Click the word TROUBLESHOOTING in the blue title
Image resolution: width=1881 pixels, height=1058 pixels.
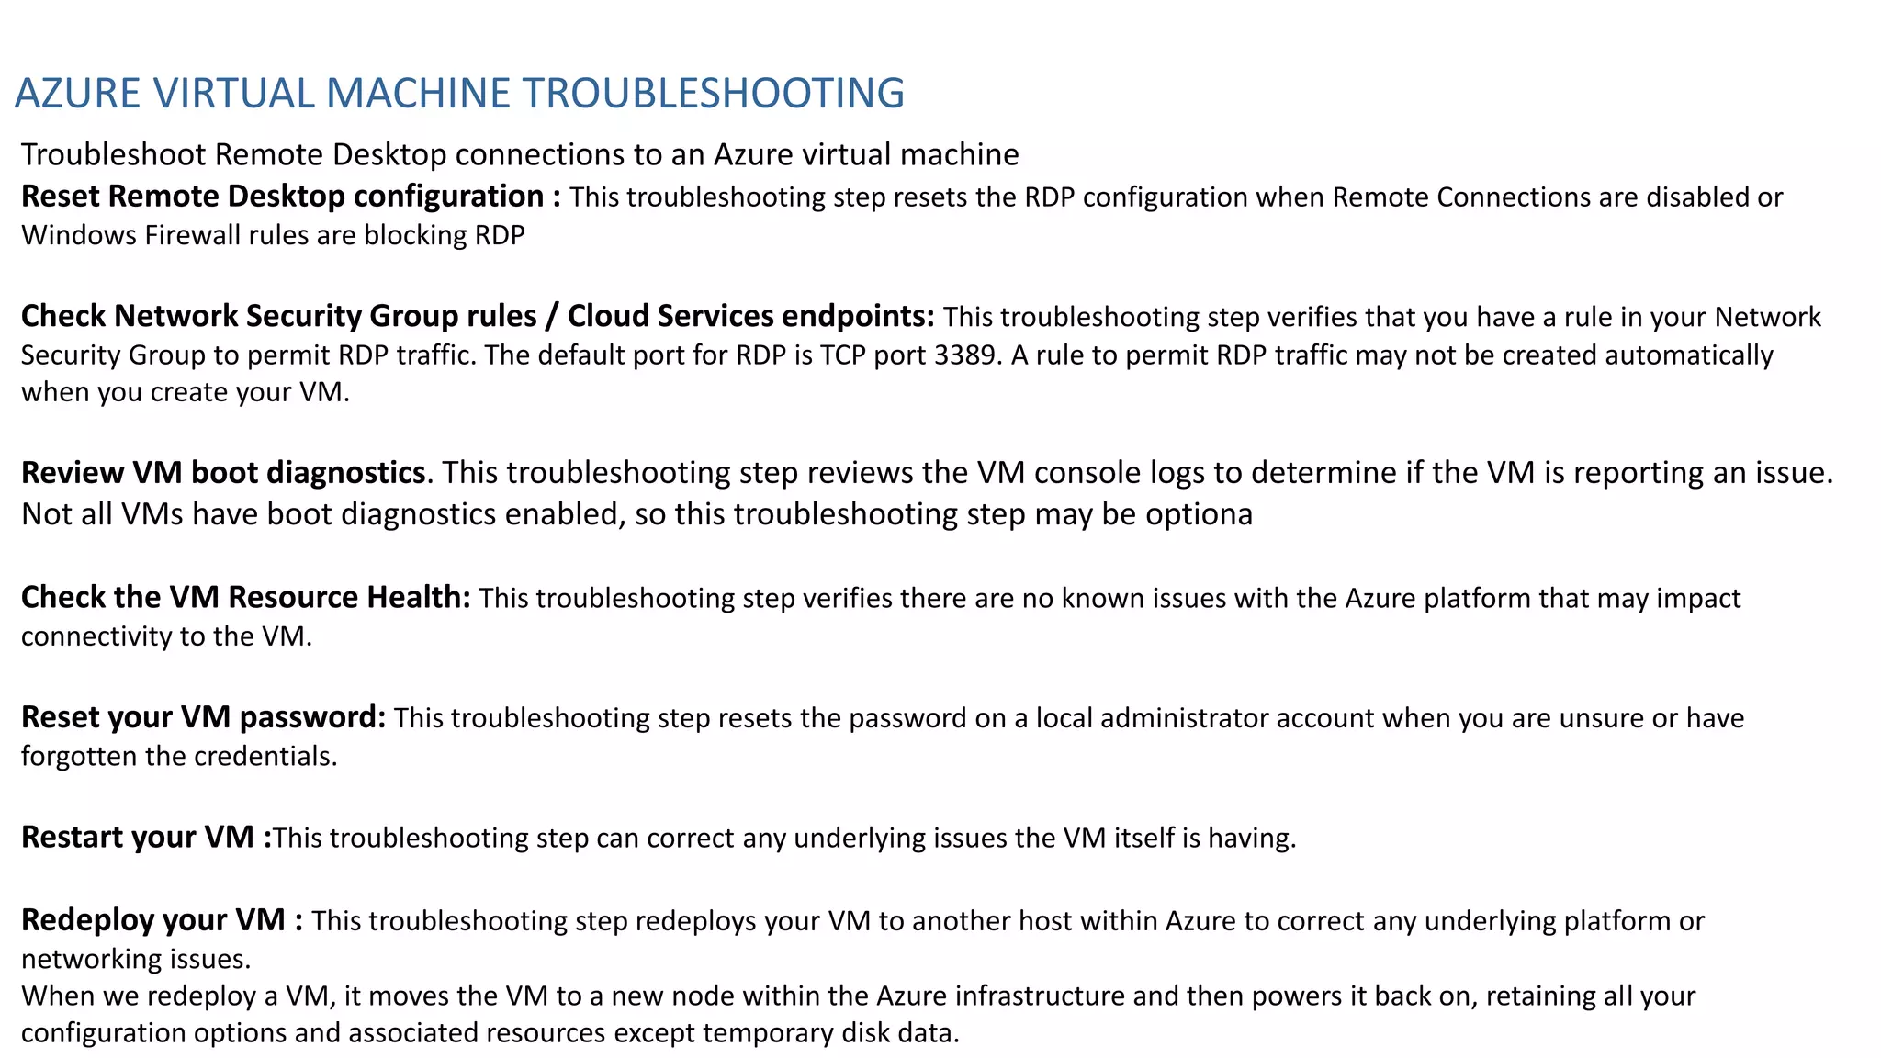click(714, 93)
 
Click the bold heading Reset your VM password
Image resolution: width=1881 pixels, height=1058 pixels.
click(203, 717)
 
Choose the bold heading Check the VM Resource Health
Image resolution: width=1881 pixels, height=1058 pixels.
click(245, 598)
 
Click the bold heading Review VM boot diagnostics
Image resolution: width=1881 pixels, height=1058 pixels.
click(223, 472)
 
